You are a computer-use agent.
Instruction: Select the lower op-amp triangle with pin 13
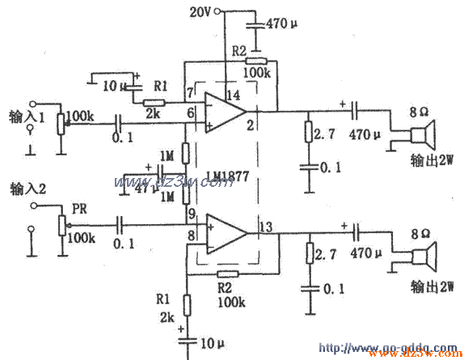(x=226, y=233)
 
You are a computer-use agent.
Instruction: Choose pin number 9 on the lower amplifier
(x=192, y=214)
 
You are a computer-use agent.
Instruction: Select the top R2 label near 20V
(x=238, y=50)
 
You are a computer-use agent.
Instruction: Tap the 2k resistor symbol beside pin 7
(x=154, y=103)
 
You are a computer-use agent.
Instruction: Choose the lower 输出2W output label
(x=432, y=286)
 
